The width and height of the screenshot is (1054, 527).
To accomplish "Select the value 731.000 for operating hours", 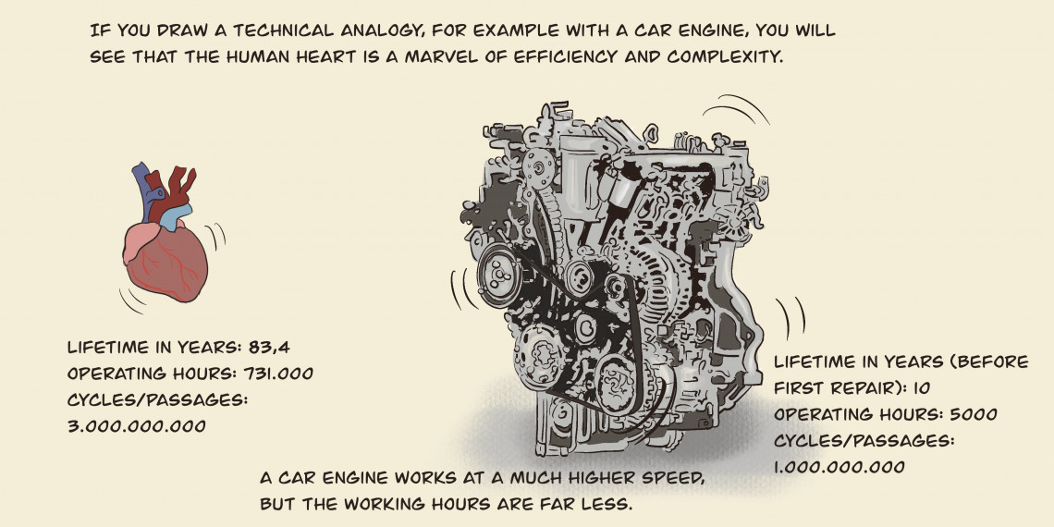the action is (276, 374).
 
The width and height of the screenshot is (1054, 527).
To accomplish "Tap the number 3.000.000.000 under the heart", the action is (137, 426).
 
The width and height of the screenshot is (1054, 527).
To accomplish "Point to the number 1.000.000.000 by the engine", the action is (840, 467).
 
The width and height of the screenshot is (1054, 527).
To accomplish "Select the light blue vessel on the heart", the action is (175, 216).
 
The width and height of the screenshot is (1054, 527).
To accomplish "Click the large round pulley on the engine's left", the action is (499, 275).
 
